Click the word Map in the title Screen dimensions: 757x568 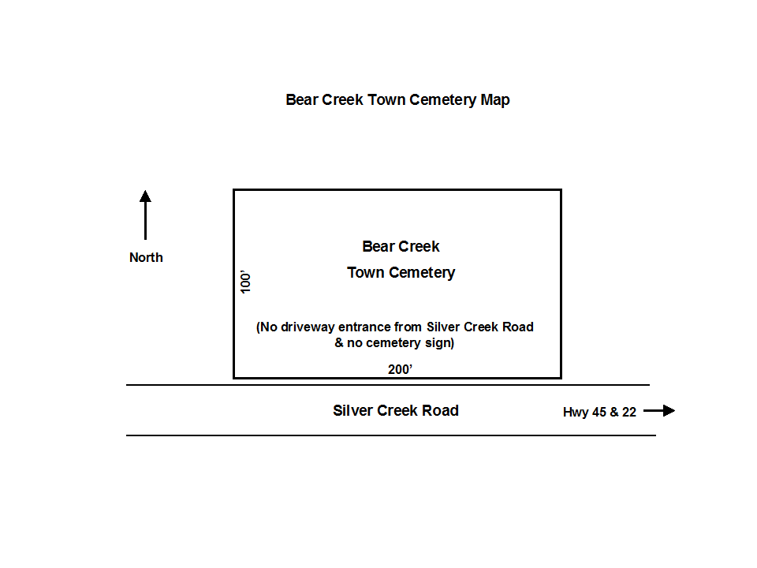495,100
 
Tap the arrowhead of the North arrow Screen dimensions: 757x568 145,196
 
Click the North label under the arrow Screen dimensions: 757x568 147,257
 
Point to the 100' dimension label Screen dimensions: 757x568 246,282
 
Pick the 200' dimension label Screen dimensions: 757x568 400,369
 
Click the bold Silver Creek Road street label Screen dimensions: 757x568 396,410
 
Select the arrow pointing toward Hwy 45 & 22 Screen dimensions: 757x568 659,410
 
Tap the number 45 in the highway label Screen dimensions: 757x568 599,412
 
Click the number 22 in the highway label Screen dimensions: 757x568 629,412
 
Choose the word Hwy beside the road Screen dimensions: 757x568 576,413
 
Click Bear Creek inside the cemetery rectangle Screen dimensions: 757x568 401,246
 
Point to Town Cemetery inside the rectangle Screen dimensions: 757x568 401,273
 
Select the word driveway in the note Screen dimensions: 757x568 308,327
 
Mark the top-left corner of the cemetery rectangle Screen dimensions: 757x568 233,190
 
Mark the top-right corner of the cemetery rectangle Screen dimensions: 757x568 561,190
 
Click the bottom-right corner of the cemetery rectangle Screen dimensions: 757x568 561,378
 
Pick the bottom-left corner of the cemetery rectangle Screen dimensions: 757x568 233,378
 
